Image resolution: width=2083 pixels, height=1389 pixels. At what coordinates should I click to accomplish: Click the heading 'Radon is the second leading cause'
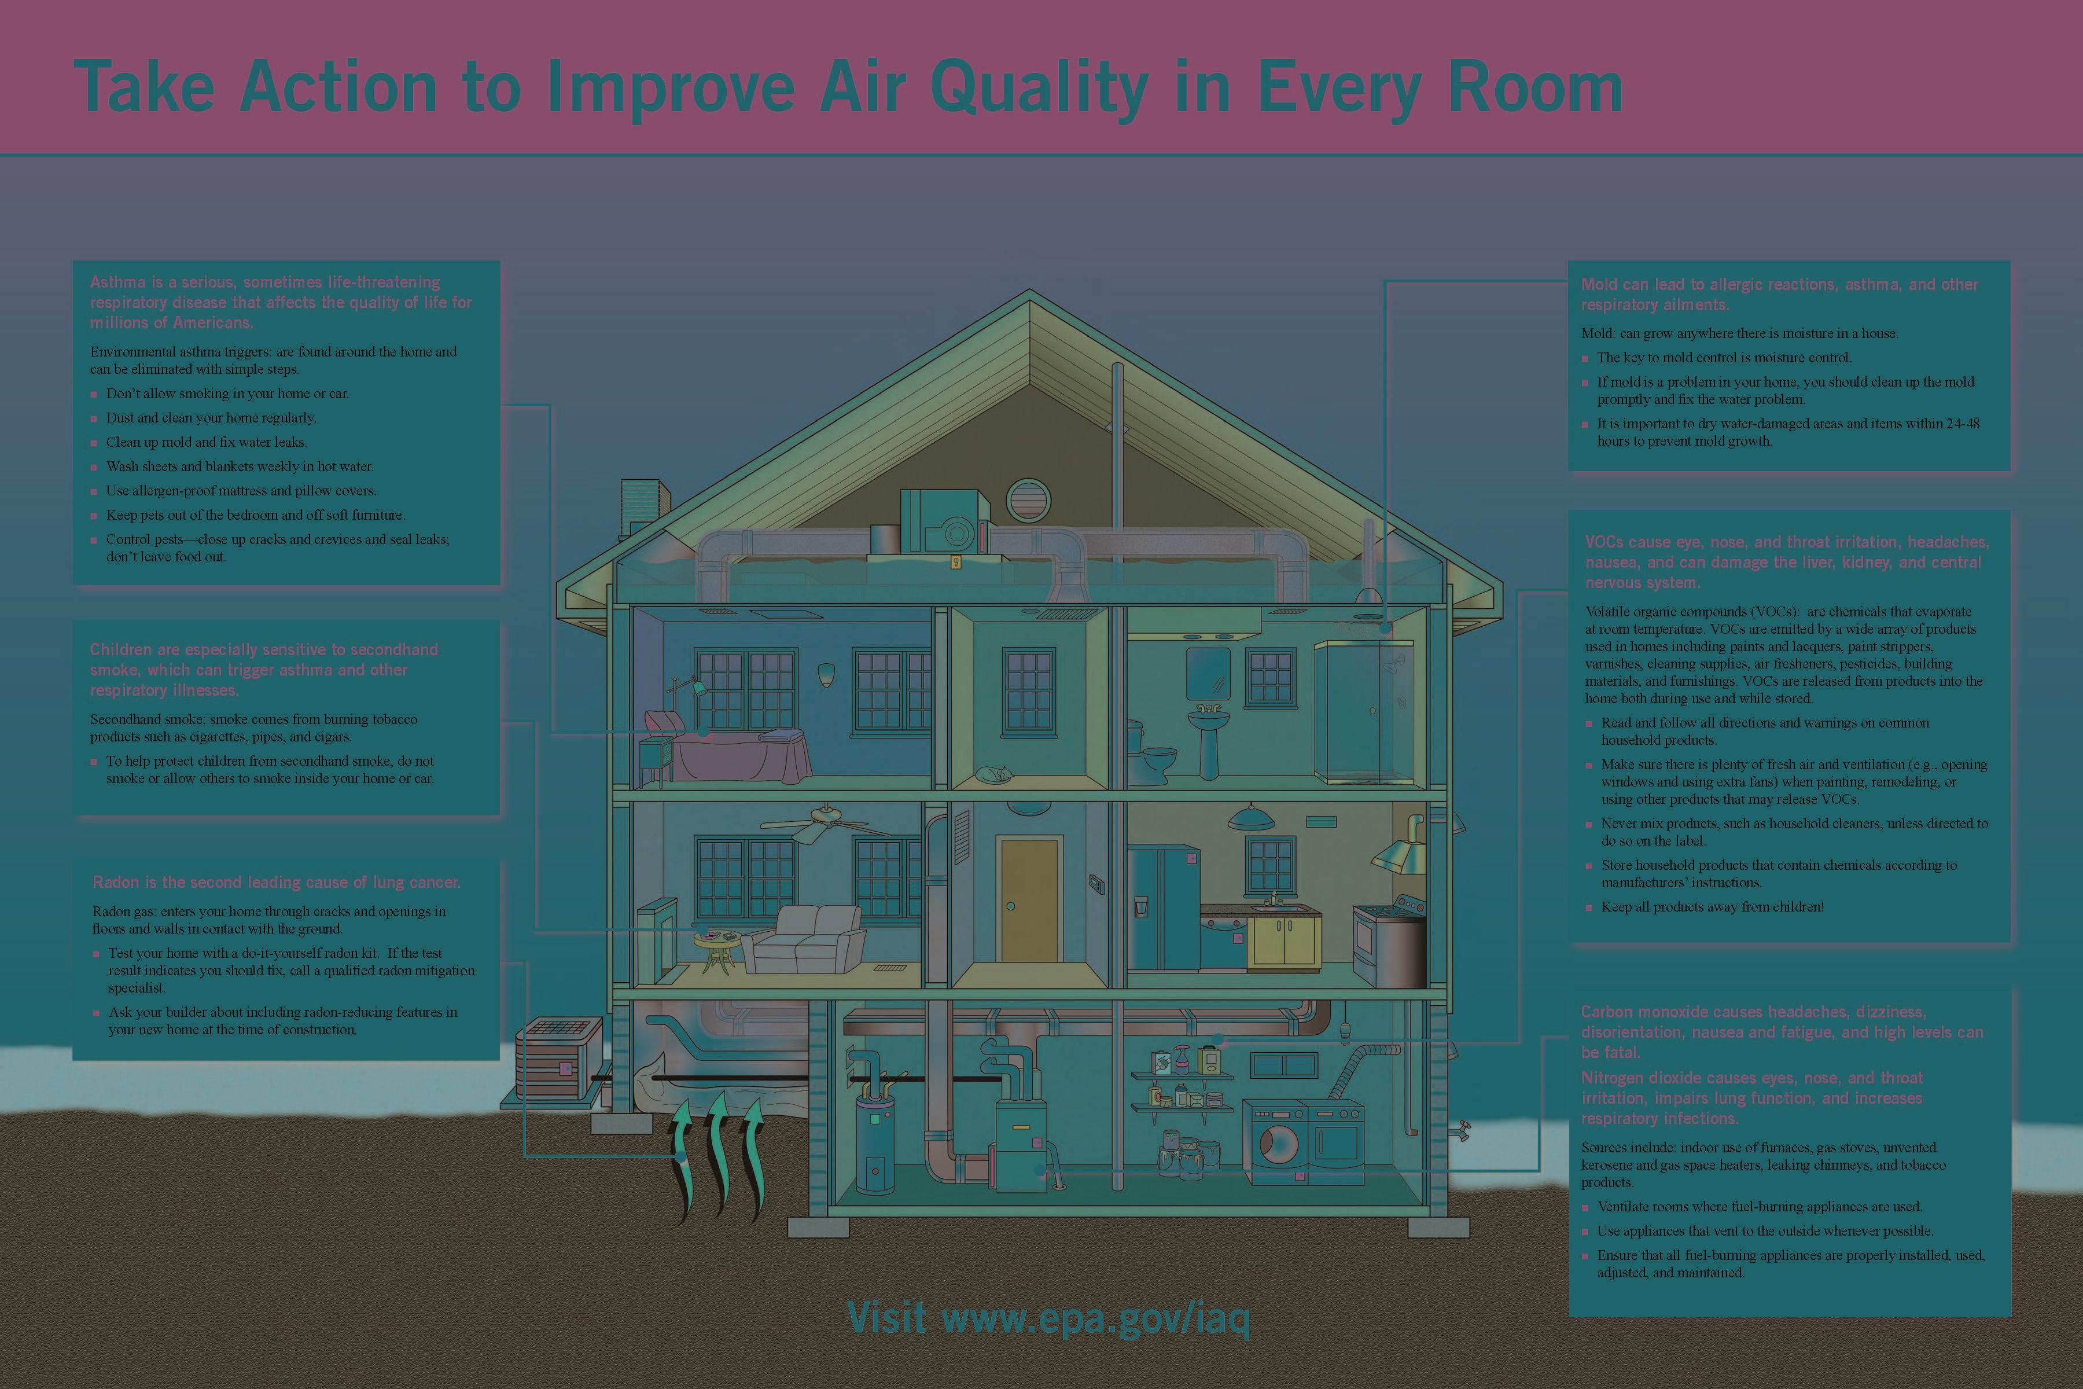point(277,882)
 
